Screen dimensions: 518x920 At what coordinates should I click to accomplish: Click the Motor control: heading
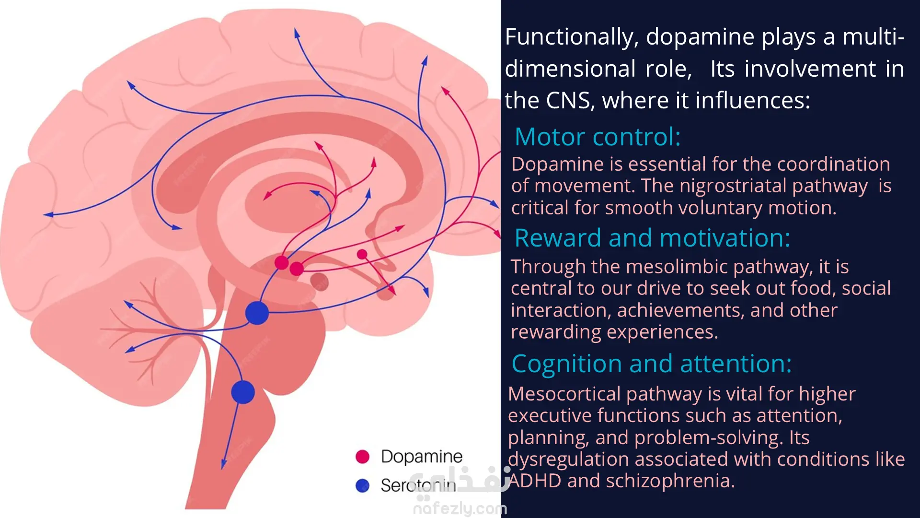pos(597,137)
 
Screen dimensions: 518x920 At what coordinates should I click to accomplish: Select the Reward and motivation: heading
pos(652,238)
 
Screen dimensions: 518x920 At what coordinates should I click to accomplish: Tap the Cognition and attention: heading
pos(651,364)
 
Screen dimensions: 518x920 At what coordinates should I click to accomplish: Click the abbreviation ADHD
pos(535,481)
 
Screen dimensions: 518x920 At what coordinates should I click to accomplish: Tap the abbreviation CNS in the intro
pos(568,101)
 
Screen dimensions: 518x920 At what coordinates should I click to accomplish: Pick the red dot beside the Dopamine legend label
pos(363,457)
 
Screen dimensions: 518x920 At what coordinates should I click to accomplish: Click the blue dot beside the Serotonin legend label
pos(363,485)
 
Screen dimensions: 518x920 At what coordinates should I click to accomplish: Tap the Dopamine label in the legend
pos(422,457)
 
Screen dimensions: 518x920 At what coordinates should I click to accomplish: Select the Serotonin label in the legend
pos(418,485)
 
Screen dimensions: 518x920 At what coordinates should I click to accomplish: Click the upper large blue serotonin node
pos(257,313)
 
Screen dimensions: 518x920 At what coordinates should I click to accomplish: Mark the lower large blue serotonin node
pos(243,392)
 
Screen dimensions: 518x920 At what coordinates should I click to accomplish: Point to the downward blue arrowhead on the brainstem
pos(224,464)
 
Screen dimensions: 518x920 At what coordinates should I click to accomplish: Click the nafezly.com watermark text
pos(460,508)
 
